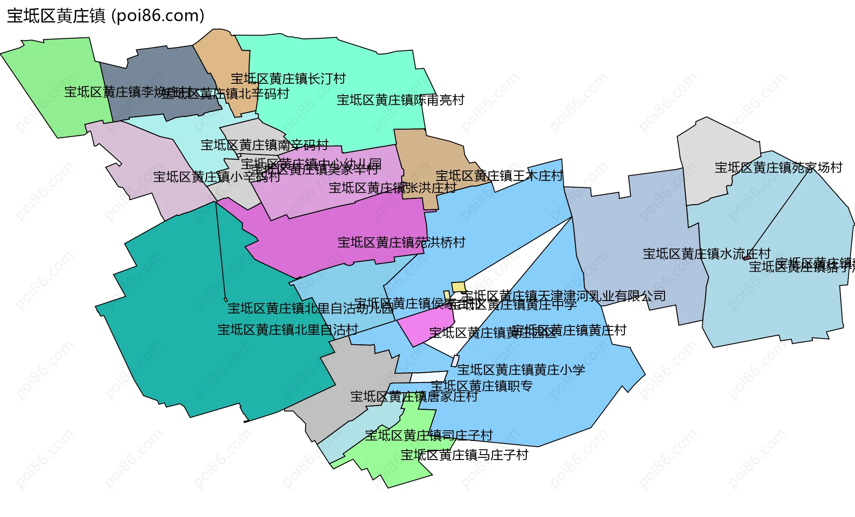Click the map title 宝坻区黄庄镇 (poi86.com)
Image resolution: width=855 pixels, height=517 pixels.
point(106,16)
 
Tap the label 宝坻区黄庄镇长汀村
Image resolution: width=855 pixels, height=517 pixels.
point(288,79)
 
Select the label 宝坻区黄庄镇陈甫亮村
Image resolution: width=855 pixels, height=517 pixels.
point(400,100)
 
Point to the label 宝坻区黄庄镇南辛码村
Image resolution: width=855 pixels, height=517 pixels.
point(265,145)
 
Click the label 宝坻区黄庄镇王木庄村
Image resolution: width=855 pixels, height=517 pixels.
point(499,176)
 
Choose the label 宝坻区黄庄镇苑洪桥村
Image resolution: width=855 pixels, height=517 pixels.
point(401,243)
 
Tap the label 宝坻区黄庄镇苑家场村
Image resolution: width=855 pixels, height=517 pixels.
point(778,168)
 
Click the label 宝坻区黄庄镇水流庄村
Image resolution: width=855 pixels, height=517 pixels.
point(706,254)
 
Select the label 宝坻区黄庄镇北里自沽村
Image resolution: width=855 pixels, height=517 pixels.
point(288,330)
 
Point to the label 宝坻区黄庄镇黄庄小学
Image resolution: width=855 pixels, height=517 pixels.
point(521,370)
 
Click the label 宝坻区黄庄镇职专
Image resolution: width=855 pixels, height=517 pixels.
point(481,386)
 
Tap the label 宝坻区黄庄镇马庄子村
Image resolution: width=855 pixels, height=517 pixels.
point(464,455)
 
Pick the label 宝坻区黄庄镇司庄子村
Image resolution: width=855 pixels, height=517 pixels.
point(429,436)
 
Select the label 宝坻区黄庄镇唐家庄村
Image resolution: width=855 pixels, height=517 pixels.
point(414,397)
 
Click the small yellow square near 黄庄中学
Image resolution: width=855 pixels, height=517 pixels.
point(458,287)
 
